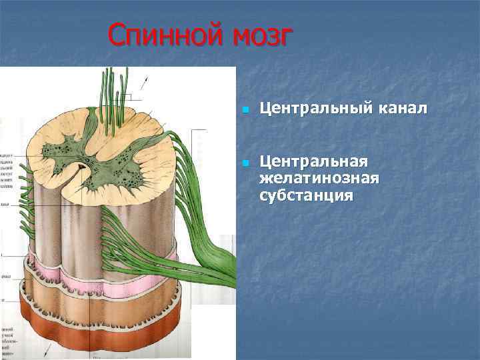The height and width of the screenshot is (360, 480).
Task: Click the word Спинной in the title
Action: pyautogui.click(x=165, y=35)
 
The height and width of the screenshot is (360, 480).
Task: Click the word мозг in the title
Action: pyautogui.click(x=261, y=35)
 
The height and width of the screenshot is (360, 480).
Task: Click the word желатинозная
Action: pyautogui.click(x=319, y=179)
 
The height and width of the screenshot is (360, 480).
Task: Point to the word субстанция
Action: pyautogui.click(x=307, y=196)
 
